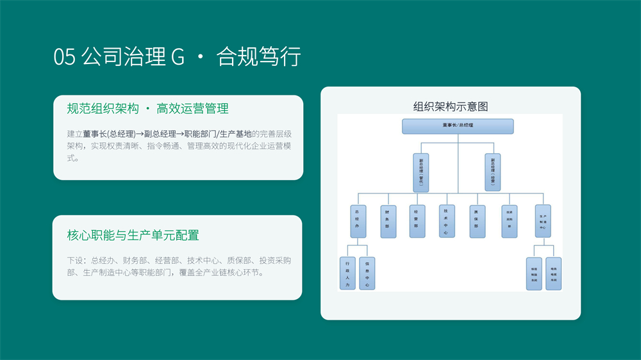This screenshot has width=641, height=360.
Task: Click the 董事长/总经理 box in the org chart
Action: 458,126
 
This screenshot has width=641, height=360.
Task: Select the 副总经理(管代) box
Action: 421,172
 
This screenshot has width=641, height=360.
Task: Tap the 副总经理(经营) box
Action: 493,172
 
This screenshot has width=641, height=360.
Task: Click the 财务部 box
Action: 388,222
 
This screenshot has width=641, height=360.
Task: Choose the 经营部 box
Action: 417,222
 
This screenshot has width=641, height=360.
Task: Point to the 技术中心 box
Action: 447,222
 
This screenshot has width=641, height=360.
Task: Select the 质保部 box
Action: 477,222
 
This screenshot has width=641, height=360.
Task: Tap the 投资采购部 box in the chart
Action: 510,222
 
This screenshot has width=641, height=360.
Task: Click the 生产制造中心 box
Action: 542,222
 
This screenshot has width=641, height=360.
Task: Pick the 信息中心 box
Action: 367,274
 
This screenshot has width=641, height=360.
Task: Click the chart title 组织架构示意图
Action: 451,106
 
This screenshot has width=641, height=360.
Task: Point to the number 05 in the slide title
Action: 65,57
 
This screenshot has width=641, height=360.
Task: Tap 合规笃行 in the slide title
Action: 259,57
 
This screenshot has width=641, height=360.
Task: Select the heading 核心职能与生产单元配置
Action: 133,235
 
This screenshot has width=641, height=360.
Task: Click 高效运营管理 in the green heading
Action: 192,108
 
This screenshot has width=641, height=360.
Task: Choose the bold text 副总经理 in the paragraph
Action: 160,134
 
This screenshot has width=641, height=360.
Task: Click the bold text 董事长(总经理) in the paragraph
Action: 109,134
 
